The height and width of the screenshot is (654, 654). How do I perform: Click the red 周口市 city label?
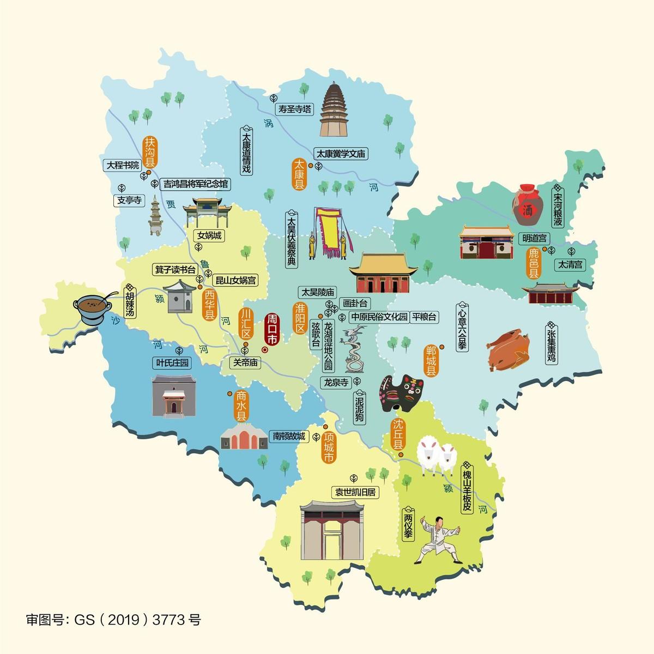click(x=271, y=329)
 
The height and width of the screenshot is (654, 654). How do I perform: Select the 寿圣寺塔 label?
click(x=295, y=109)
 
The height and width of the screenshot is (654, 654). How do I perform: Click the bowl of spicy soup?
click(x=92, y=308)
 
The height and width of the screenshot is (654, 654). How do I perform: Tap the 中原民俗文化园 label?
click(x=379, y=317)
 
